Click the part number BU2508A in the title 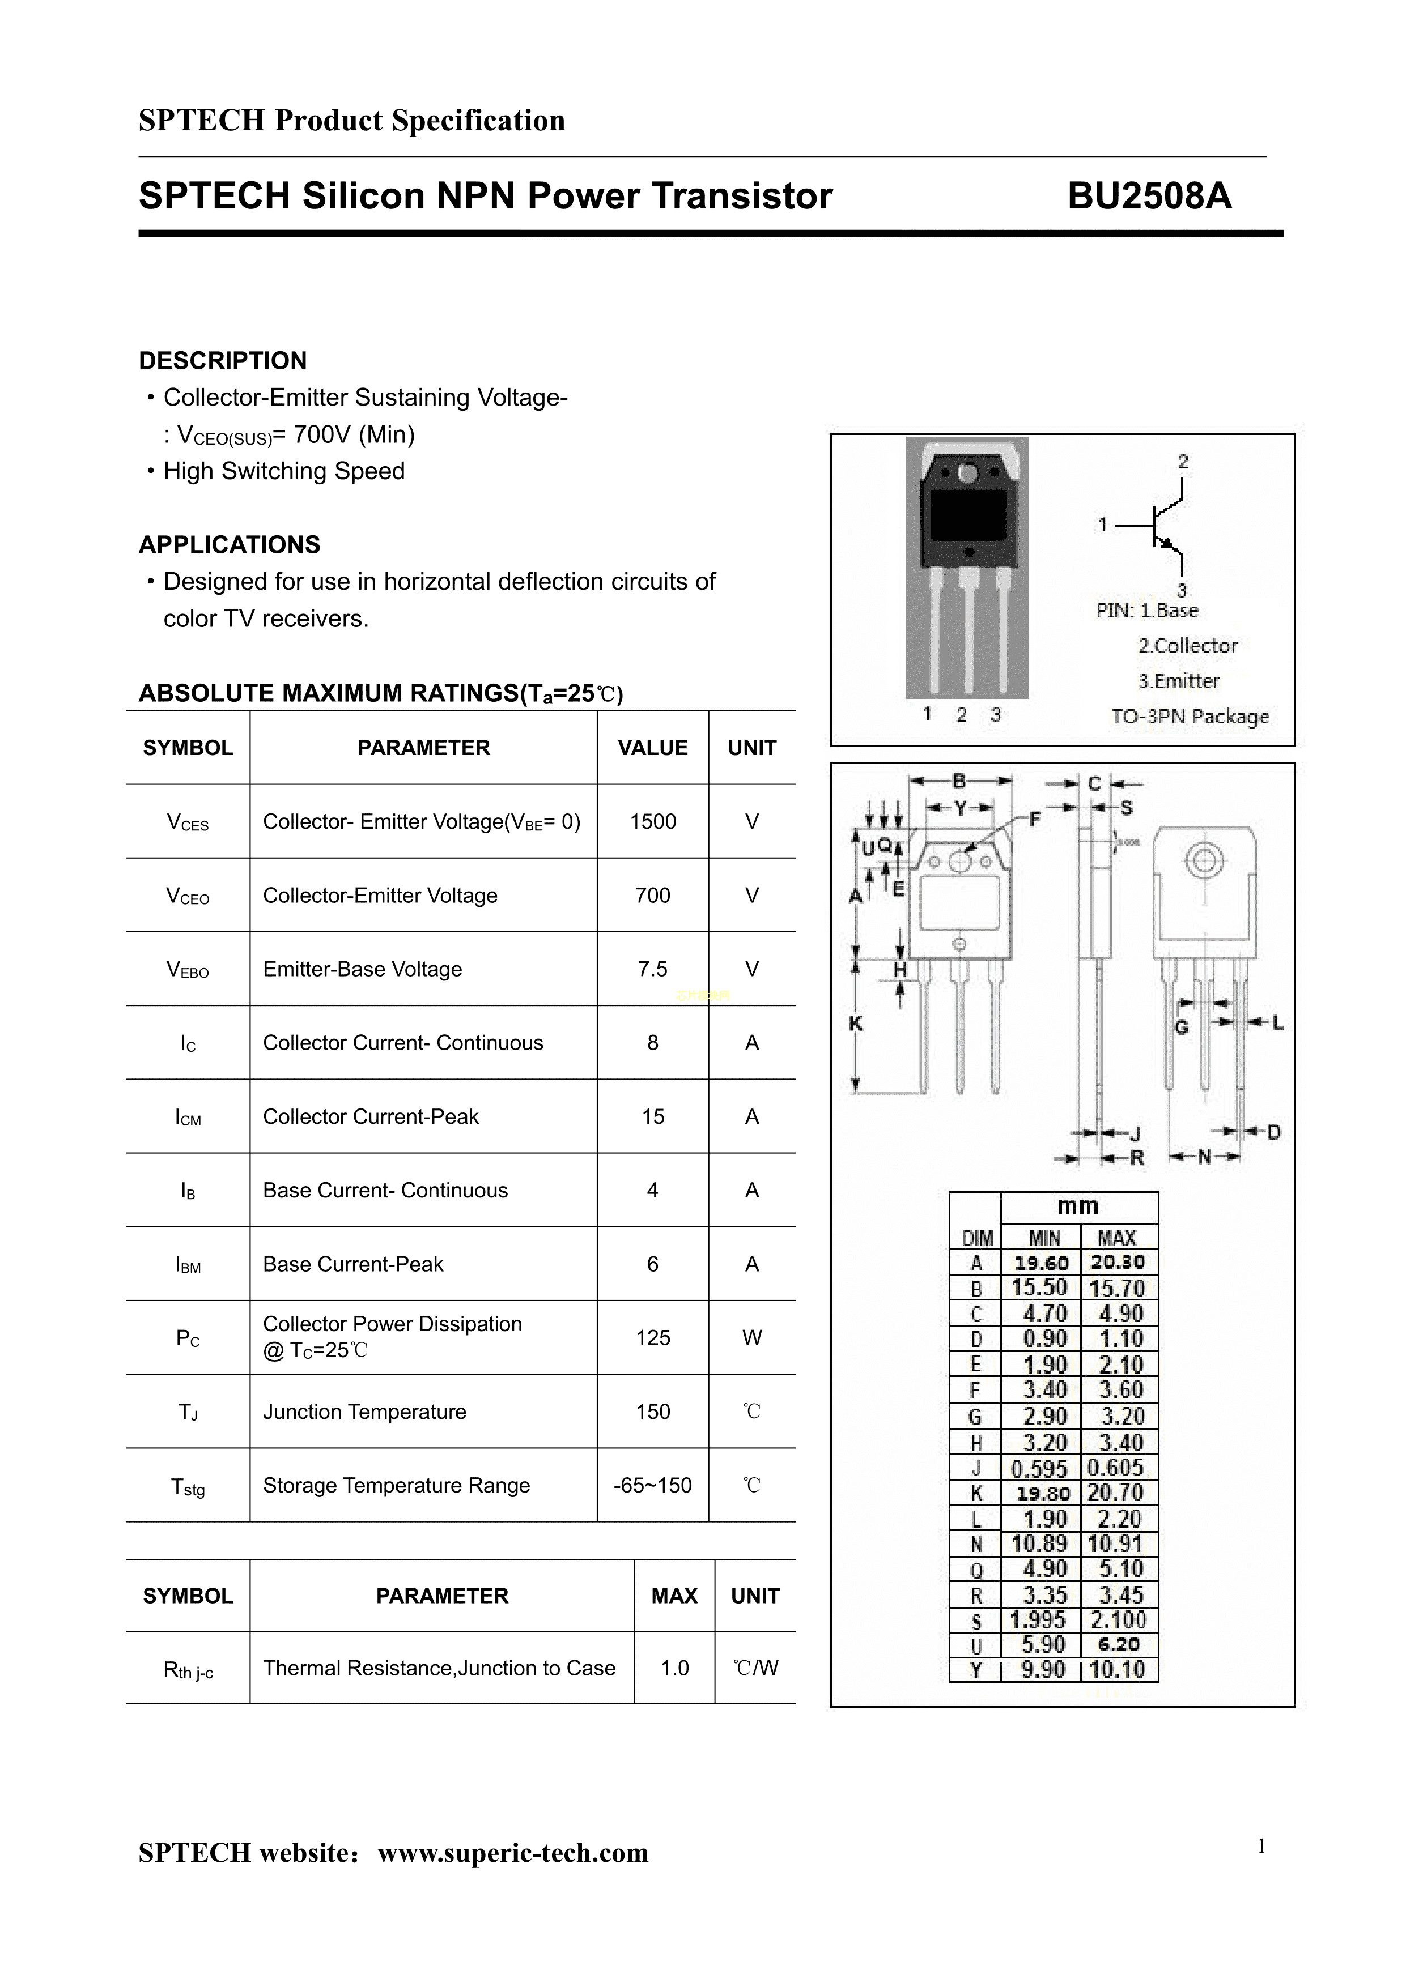1149,195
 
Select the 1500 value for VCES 653,821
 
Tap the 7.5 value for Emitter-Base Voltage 653,969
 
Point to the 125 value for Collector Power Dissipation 653,1338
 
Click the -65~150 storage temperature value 653,1485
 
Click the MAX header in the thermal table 674,1596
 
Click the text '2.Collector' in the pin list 1188,646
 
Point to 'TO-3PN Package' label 1190,717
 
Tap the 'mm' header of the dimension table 1078,1205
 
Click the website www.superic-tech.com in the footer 513,1852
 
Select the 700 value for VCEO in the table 653,895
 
